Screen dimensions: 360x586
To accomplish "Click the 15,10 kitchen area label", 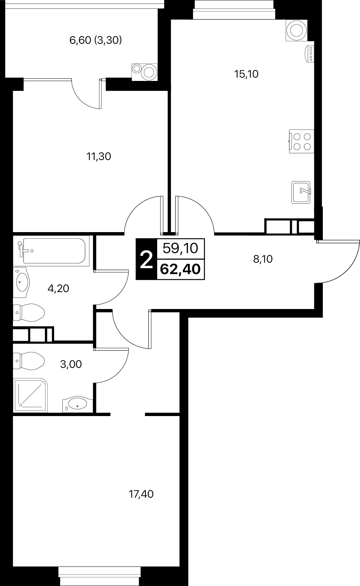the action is pyautogui.click(x=246, y=74).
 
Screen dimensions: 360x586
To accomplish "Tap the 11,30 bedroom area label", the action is pyautogui.click(x=99, y=156).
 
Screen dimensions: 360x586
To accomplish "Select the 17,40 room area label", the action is pyautogui.click(x=141, y=494).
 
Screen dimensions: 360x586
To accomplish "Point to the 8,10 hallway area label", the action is pyautogui.click(x=263, y=259).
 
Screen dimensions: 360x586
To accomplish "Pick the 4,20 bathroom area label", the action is pyautogui.click(x=59, y=288).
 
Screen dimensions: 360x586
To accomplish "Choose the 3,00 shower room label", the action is pyautogui.click(x=71, y=364).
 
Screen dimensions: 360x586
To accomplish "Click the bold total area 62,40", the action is pyautogui.click(x=180, y=269).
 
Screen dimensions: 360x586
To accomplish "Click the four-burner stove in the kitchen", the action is pyautogui.click(x=301, y=142).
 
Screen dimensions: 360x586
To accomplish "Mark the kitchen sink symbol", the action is pyautogui.click(x=301, y=192).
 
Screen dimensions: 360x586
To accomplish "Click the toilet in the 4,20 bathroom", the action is pyautogui.click(x=29, y=312).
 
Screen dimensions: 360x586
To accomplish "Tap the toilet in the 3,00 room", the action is pyautogui.click(x=29, y=361).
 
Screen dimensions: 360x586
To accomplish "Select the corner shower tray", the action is pyautogui.click(x=31, y=395).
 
